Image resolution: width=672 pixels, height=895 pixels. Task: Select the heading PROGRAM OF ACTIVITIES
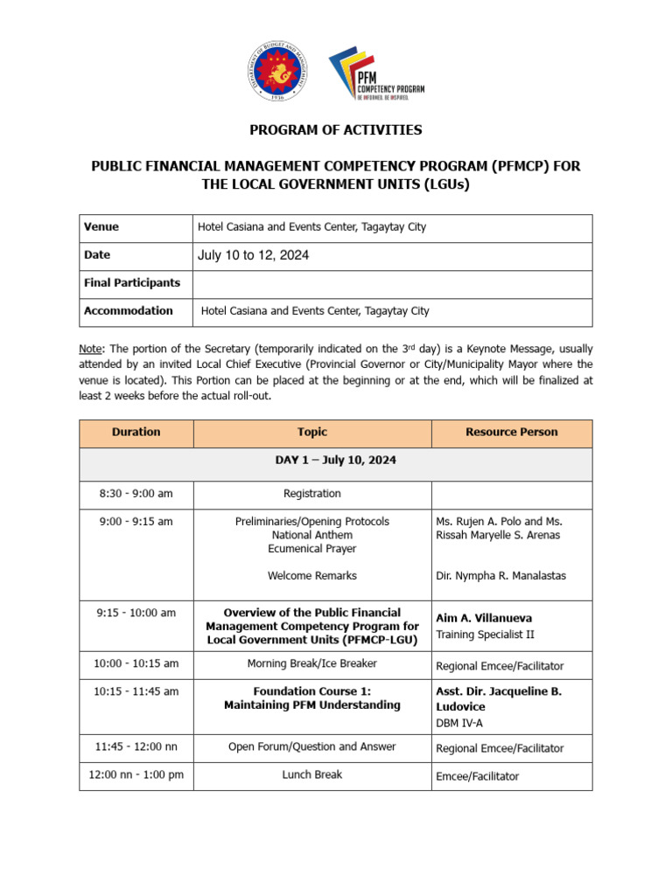(336, 130)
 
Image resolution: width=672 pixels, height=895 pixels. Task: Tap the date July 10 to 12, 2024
(253, 255)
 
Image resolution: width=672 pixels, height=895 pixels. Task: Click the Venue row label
(101, 227)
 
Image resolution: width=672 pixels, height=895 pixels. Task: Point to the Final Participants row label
(132, 283)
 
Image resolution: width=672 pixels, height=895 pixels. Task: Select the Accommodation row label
(129, 311)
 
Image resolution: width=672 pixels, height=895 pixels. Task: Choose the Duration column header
(136, 432)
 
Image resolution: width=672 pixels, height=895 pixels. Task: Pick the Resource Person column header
(511, 432)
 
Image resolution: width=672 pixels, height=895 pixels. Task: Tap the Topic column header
(312, 432)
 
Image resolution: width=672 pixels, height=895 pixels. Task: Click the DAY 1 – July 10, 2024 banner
(336, 461)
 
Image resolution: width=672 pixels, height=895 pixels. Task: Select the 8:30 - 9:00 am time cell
(136, 494)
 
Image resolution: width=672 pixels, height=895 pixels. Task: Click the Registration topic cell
(312, 494)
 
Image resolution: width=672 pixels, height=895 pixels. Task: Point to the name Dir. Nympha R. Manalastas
(501, 576)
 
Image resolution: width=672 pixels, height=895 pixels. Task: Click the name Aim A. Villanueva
(484, 618)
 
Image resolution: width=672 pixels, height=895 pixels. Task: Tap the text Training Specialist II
(485, 635)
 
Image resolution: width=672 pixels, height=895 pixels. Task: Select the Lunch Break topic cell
(312, 775)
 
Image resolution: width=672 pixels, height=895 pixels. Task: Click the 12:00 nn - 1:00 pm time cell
(136, 775)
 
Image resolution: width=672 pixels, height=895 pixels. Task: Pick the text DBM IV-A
(459, 723)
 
